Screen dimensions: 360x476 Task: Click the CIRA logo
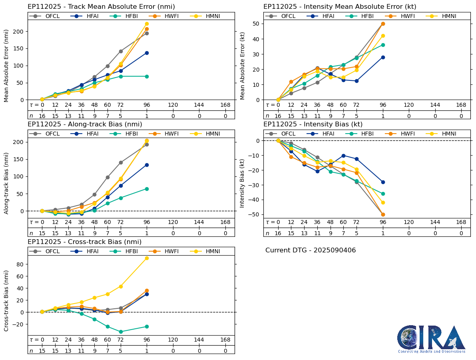click(431, 338)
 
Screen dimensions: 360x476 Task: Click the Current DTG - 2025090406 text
click(310, 250)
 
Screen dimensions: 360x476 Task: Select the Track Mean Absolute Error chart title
click(101, 7)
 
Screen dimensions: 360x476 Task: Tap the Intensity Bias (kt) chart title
click(313, 124)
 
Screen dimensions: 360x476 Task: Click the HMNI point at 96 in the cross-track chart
click(147, 258)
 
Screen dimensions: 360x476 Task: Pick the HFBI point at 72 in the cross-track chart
click(121, 332)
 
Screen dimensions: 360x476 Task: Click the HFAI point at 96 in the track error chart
click(147, 53)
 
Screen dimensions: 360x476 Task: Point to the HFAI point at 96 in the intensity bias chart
click(383, 182)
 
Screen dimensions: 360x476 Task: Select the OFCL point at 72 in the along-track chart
click(121, 162)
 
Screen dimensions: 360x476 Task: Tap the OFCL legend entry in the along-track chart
click(47, 134)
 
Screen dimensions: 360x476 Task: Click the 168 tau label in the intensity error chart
click(461, 105)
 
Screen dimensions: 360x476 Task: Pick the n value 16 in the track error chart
click(42, 116)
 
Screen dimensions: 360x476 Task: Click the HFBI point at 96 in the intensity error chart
click(383, 45)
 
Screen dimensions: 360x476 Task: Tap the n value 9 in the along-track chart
click(94, 233)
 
